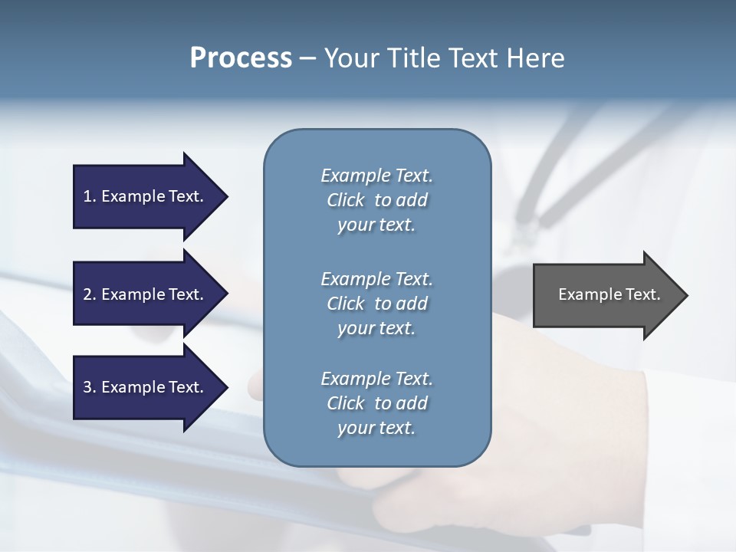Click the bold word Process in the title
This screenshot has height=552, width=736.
pyautogui.click(x=241, y=58)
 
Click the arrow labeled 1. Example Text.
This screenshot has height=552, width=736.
pyautogui.click(x=146, y=196)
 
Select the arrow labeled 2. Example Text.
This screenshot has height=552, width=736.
pyautogui.click(x=146, y=294)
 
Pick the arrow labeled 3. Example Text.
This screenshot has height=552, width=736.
pyautogui.click(x=146, y=387)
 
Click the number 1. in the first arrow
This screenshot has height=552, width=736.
pyautogui.click(x=90, y=196)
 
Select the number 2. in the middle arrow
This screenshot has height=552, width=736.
pyautogui.click(x=90, y=294)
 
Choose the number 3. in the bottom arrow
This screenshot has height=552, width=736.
pyautogui.click(x=90, y=387)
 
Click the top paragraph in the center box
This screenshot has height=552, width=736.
pyautogui.click(x=376, y=200)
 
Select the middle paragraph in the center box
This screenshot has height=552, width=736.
pyautogui.click(x=376, y=303)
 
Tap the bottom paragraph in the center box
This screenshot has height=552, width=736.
pyautogui.click(x=376, y=403)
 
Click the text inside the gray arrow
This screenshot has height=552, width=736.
pyautogui.click(x=609, y=294)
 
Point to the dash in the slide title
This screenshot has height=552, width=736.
pyautogui.click(x=307, y=59)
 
